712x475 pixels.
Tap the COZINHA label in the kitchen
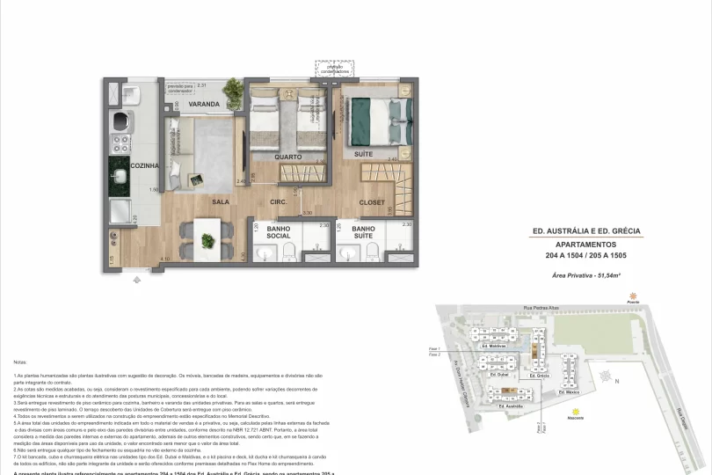click(145, 165)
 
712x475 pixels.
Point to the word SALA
click(221, 201)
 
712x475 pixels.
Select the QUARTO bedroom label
click(287, 157)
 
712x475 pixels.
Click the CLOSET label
click(372, 202)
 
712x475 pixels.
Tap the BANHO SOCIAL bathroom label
click(279, 232)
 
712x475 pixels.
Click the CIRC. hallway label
click(280, 202)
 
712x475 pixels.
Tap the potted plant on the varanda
click(233, 88)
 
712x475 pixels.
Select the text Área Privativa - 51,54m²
click(587, 276)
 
